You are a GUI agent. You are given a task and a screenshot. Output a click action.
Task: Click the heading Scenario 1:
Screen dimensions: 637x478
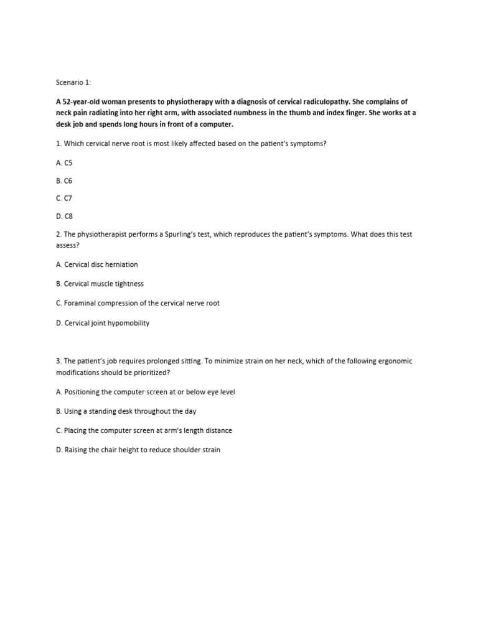(x=72, y=81)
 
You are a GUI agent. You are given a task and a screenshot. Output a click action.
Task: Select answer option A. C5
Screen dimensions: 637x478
(x=64, y=162)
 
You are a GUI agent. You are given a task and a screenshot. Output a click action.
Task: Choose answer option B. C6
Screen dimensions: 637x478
(x=64, y=180)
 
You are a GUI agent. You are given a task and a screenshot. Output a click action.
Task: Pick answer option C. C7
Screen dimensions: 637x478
(x=64, y=198)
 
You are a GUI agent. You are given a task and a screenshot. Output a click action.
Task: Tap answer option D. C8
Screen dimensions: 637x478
(x=64, y=216)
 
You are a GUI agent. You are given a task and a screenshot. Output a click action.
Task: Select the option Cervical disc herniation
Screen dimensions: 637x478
(x=96, y=264)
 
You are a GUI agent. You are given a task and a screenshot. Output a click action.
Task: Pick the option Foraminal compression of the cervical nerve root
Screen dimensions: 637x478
(x=138, y=303)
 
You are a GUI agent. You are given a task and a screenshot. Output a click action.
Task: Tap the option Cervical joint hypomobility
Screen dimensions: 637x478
(x=102, y=323)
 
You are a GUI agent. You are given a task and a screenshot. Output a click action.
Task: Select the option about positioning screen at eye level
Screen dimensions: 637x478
(x=145, y=392)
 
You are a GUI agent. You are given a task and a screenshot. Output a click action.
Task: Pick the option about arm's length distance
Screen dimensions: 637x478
(x=143, y=430)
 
